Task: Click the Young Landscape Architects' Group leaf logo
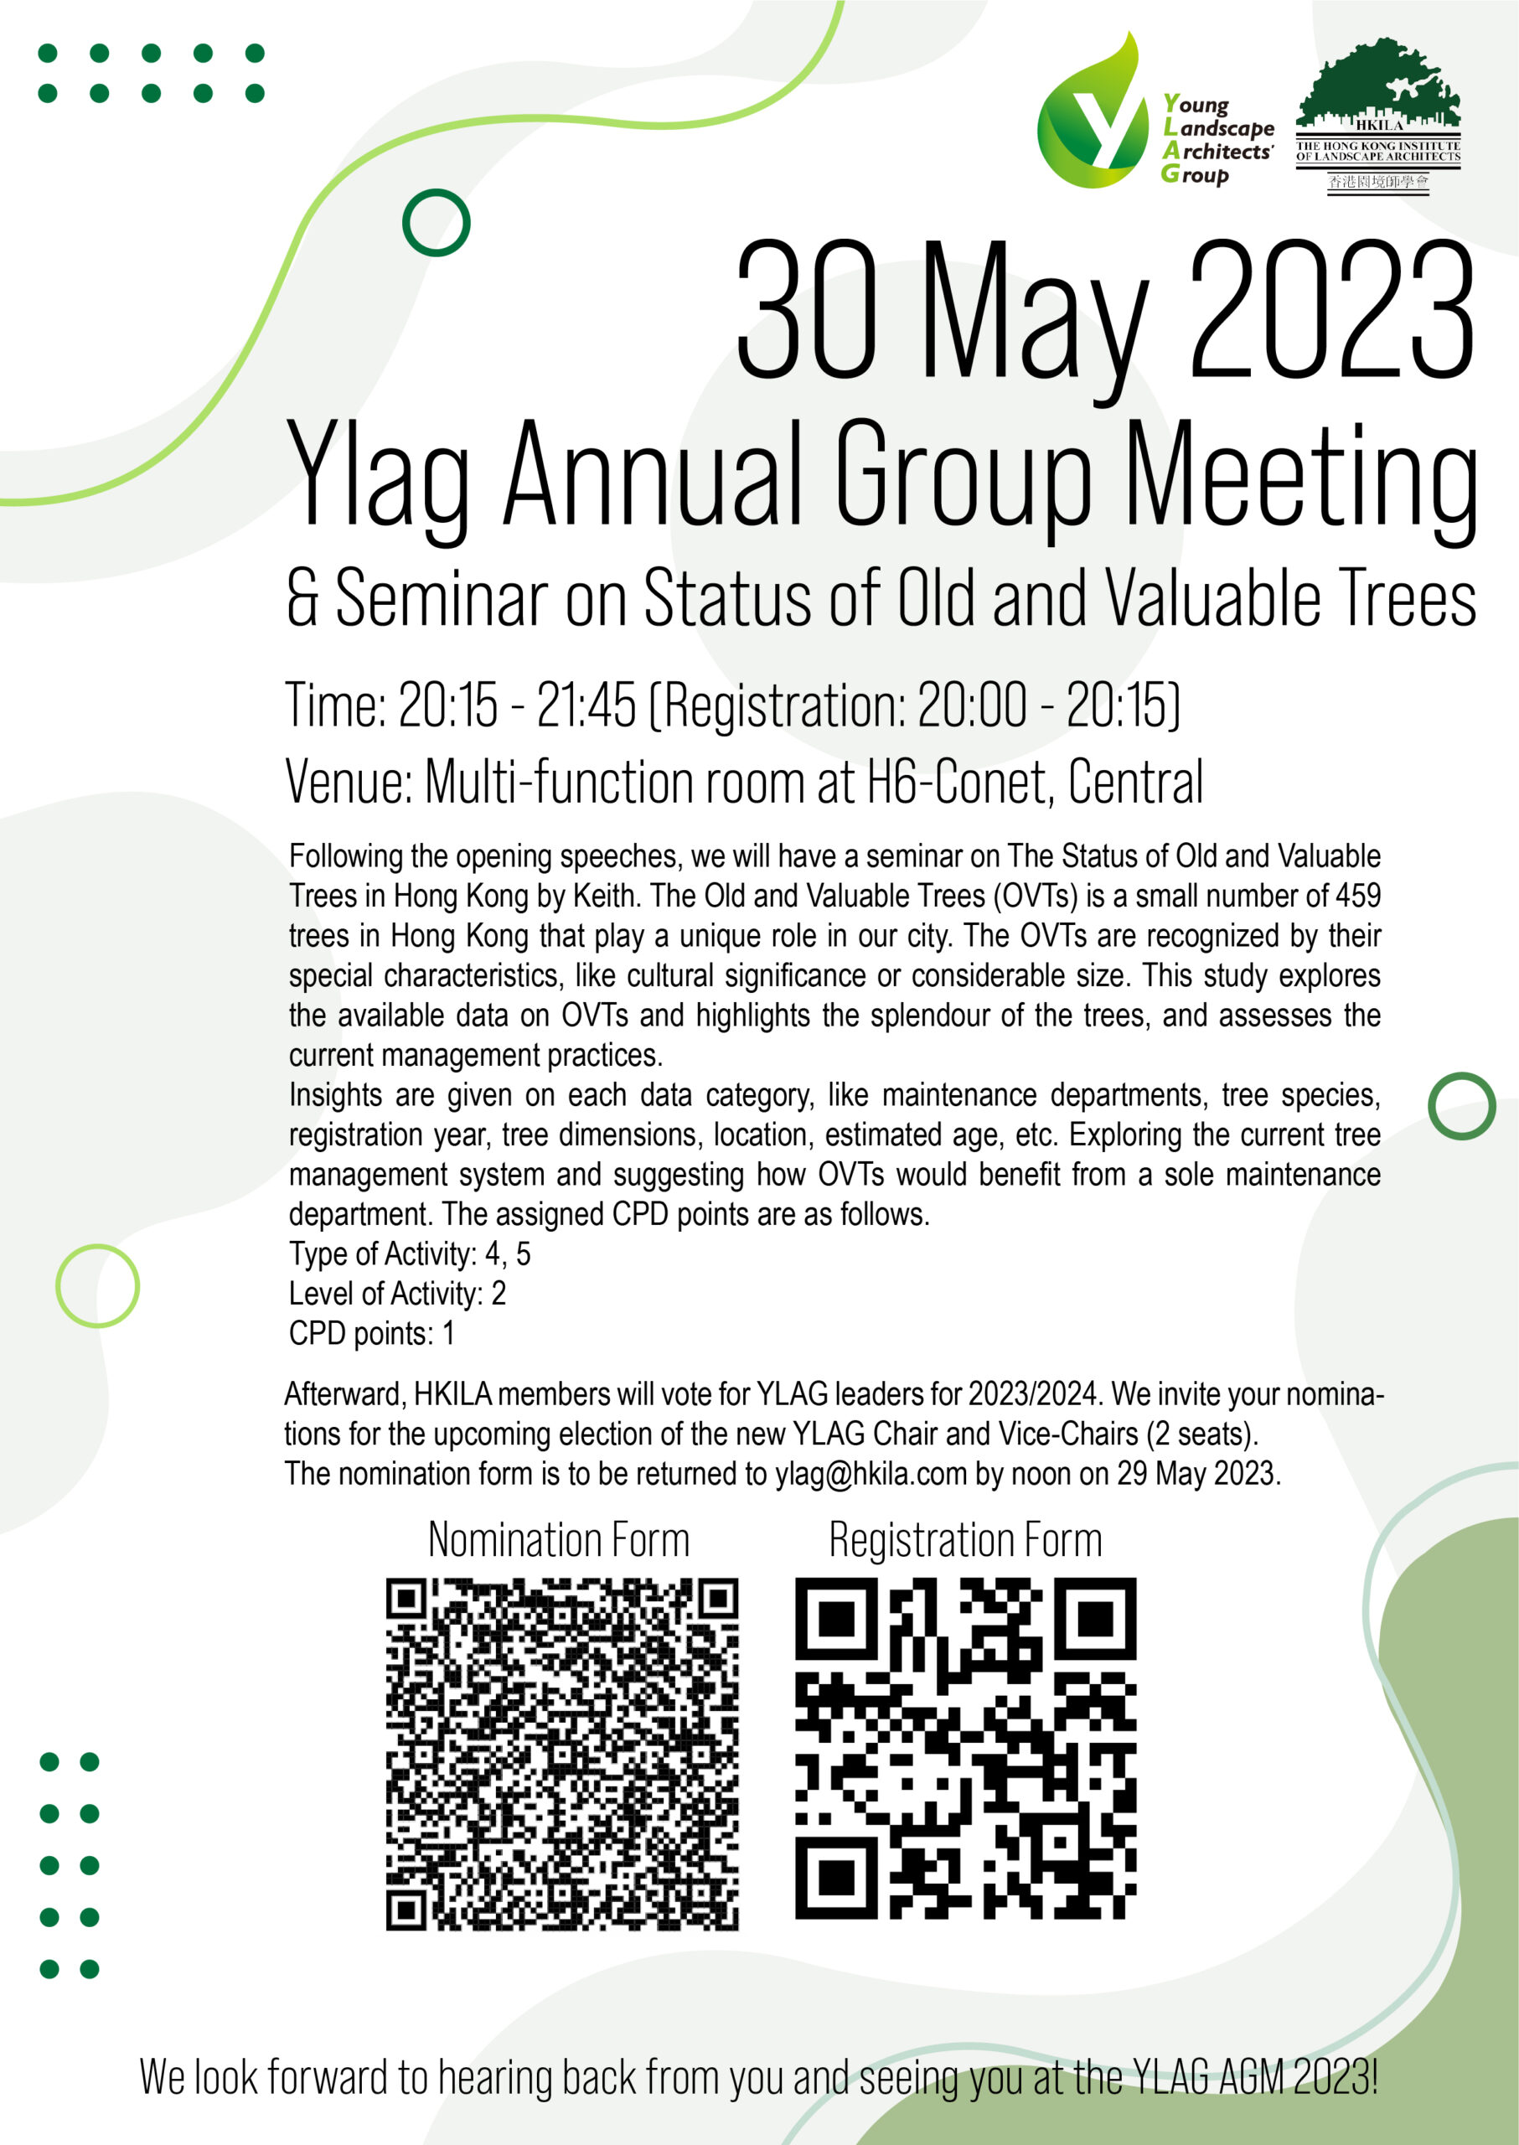click(x=1092, y=117)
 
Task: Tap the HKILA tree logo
click(x=1377, y=114)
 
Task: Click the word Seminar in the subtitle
click(x=440, y=599)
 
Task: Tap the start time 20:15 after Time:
click(x=448, y=705)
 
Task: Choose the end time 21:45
click(x=586, y=705)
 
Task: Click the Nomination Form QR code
click(x=562, y=1754)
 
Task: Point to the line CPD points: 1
click(x=371, y=1333)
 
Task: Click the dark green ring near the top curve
click(x=436, y=223)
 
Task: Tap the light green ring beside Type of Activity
click(x=97, y=1285)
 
